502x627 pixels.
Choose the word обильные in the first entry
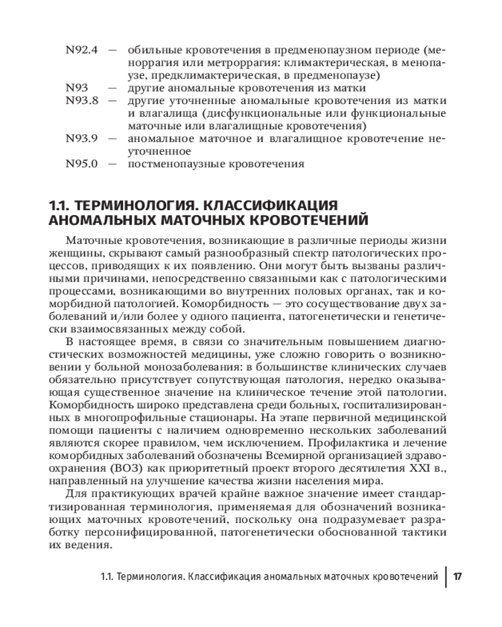point(150,50)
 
